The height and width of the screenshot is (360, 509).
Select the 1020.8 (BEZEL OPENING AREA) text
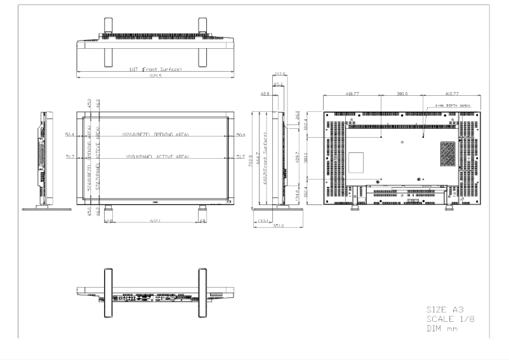(155, 135)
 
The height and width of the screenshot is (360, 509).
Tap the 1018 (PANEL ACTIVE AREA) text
(155, 156)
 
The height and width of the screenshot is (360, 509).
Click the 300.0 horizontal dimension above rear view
(402, 93)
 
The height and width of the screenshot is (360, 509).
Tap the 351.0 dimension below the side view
(277, 225)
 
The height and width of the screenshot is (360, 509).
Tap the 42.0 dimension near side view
(265, 93)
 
